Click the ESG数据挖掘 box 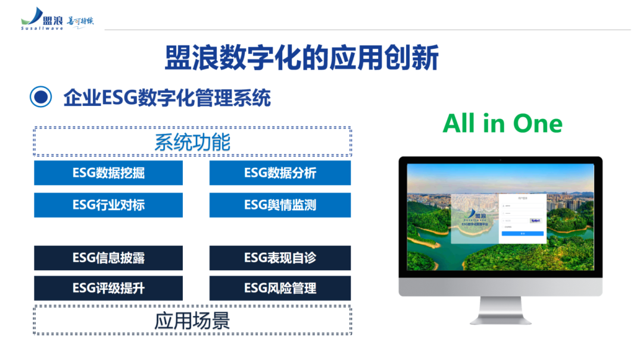(108, 173)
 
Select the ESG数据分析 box (280, 173)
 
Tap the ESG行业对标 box (108, 205)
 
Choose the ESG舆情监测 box (280, 205)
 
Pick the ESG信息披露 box (108, 258)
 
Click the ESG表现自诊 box (280, 258)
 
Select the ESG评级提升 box (108, 289)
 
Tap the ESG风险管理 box (280, 289)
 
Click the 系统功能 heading (192, 142)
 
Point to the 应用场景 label (192, 321)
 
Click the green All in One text (502, 124)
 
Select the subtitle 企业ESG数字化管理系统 (167, 98)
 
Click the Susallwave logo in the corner (57, 20)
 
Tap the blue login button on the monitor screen (522, 234)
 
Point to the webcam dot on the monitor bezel (500, 160)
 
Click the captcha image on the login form (535, 220)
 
